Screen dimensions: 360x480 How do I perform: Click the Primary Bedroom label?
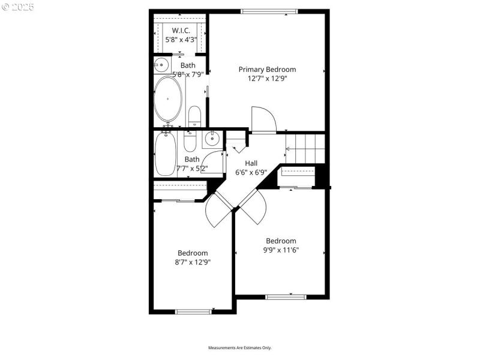click(x=267, y=69)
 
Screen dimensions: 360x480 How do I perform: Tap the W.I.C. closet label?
click(x=181, y=30)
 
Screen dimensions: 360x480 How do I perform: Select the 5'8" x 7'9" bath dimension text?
click(x=188, y=74)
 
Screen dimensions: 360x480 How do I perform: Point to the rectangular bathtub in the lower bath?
click(x=164, y=154)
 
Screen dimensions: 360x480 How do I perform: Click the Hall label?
click(x=252, y=163)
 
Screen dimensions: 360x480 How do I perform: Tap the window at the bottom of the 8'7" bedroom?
click(x=194, y=311)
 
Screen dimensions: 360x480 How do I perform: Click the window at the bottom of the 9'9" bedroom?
click(x=286, y=296)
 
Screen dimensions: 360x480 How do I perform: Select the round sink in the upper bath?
click(x=161, y=64)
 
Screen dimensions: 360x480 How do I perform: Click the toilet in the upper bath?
click(x=194, y=115)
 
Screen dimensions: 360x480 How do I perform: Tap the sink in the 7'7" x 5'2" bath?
click(x=212, y=140)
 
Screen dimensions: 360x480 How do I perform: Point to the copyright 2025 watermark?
click(x=18, y=7)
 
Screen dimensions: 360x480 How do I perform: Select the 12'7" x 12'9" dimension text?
click(x=267, y=78)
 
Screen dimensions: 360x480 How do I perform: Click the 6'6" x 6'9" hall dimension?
click(x=252, y=173)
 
